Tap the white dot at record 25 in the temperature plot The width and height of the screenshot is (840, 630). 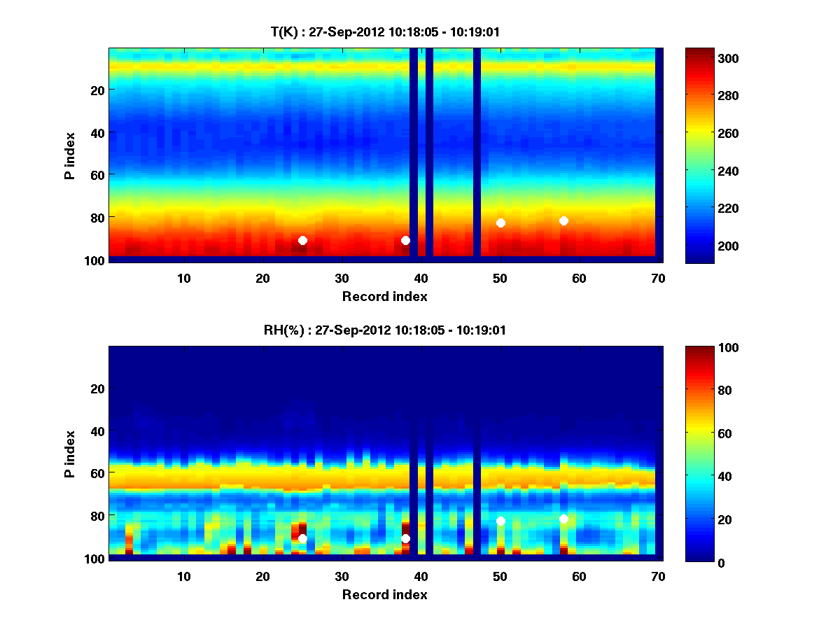click(x=302, y=240)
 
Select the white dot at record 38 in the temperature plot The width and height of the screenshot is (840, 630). click(x=405, y=240)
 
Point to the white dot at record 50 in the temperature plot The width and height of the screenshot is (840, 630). click(x=500, y=223)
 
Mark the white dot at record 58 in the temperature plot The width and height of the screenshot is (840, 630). click(x=563, y=220)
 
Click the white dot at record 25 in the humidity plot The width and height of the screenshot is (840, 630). click(x=302, y=538)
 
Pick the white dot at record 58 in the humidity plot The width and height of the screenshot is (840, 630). click(x=563, y=519)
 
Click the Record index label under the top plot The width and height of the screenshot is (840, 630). click(x=384, y=296)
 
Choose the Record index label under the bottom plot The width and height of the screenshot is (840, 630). click(x=384, y=594)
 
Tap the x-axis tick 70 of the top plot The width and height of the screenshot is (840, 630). click(x=658, y=278)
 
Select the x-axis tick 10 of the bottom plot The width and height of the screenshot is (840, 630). click(x=183, y=576)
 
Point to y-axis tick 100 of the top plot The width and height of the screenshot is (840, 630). click(x=95, y=260)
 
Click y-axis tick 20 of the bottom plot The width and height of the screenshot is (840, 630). click(x=98, y=388)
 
